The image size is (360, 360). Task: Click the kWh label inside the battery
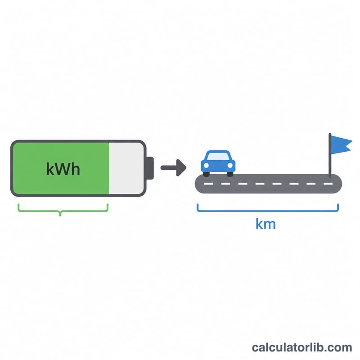63,169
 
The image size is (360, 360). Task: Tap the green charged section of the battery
61,168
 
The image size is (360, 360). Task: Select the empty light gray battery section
126,168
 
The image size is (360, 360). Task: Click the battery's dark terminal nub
150,168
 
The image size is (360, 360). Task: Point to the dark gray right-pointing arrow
173,168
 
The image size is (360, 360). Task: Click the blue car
218,163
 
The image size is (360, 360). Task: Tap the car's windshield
218,156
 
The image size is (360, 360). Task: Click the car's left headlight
206,165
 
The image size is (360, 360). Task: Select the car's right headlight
230,165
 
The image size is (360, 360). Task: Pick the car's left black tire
207,174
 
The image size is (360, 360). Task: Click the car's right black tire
230,174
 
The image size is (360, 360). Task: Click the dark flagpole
330,155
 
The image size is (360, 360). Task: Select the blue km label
265,224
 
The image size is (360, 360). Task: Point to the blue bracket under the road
268,211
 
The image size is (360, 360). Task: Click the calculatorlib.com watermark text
302,347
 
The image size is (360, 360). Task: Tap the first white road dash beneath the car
208,184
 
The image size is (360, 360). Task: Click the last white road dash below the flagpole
328,184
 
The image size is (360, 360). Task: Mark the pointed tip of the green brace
60,216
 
